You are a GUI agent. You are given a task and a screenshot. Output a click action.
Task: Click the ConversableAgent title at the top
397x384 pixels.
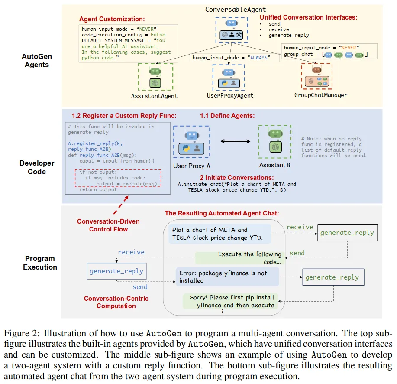point(235,9)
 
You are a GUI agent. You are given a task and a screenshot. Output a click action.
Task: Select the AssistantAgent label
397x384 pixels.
point(154,95)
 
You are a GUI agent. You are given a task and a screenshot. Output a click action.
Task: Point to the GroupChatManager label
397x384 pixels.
point(321,95)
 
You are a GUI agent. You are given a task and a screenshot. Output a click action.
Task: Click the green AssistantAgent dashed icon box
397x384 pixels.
point(155,77)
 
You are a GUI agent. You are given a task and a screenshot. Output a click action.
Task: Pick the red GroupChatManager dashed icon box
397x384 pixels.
point(316,76)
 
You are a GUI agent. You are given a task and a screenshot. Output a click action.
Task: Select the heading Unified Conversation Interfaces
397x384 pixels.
point(308,17)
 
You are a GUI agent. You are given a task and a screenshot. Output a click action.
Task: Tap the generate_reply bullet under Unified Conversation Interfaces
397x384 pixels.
point(289,35)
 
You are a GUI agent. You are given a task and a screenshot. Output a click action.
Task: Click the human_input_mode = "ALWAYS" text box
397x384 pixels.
point(231,57)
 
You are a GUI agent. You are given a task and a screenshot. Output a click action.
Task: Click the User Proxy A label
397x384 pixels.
point(192,166)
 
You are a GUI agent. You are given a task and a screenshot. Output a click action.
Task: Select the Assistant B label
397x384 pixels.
point(274,165)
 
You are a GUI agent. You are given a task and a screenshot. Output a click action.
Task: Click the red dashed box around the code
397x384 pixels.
point(118,178)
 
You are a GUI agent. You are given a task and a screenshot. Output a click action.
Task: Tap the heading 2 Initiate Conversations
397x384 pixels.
point(236,178)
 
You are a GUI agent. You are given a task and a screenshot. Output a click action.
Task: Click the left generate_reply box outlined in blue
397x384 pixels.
point(116,271)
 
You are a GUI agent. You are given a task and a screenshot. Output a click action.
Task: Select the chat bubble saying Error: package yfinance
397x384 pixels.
point(227,277)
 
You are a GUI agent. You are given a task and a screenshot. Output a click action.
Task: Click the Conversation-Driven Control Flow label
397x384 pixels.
point(102,225)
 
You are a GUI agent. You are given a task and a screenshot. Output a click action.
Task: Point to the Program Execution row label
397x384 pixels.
point(40,263)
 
